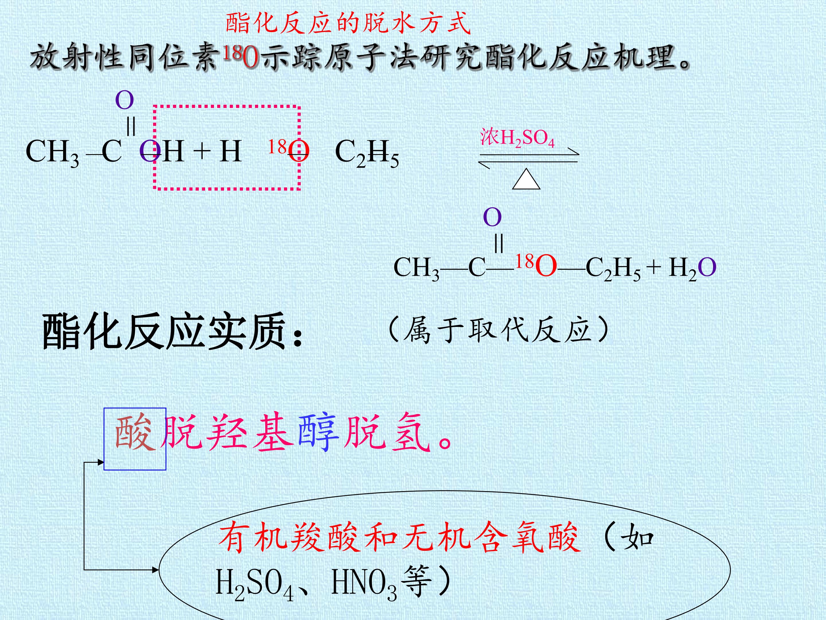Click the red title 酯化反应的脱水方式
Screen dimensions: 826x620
348,23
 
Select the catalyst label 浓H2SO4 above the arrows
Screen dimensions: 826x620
517,138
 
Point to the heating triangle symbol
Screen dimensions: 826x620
526,179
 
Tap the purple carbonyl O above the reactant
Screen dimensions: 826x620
124,100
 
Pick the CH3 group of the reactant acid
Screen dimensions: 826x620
52,152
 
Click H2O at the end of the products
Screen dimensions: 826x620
692,268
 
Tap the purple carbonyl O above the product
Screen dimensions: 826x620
492,217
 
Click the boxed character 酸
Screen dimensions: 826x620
135,433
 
